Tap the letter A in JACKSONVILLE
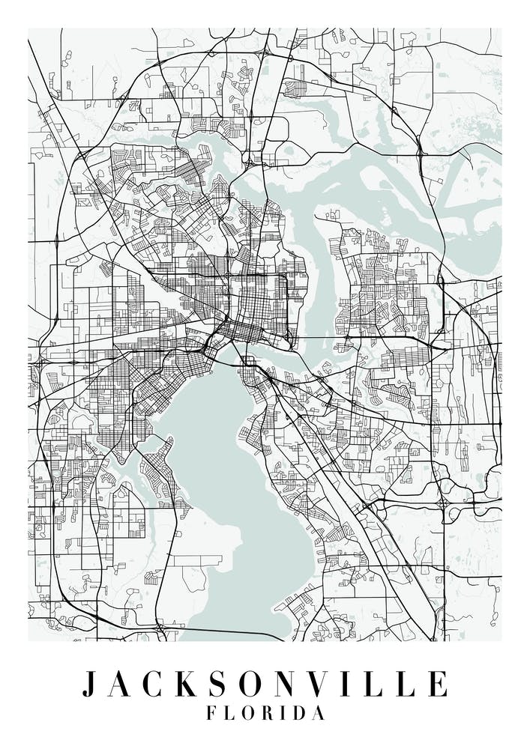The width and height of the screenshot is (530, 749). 121,685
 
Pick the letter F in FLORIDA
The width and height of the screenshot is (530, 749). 212,714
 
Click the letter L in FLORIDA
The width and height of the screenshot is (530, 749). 230,714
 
